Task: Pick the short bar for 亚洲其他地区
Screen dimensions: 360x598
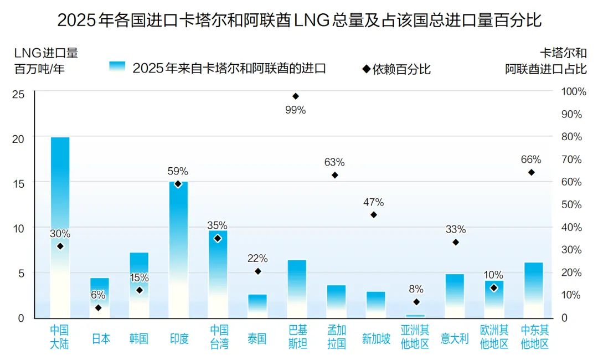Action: (x=415, y=316)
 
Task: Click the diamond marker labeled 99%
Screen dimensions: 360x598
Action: (x=295, y=96)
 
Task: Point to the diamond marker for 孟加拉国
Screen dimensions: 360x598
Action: (x=334, y=175)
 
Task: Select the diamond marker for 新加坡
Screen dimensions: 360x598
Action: (x=374, y=215)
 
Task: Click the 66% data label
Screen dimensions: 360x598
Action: (x=531, y=160)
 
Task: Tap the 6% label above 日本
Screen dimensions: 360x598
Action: (x=99, y=295)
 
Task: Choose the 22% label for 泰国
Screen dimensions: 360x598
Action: (x=257, y=258)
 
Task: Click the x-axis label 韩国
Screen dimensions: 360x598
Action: (x=138, y=338)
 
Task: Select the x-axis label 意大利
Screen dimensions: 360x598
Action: (x=455, y=338)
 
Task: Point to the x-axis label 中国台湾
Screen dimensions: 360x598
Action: (x=218, y=337)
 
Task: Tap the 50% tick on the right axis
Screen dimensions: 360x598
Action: (x=572, y=205)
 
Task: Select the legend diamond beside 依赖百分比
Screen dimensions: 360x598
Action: (x=366, y=69)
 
